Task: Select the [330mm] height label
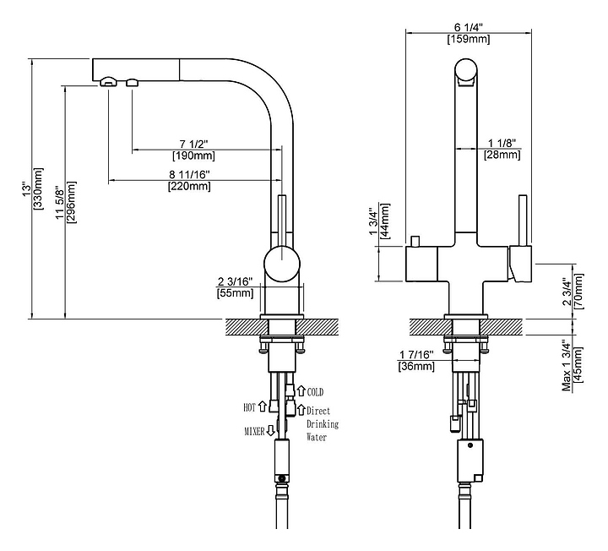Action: (x=39, y=194)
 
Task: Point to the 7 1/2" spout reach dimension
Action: (x=193, y=143)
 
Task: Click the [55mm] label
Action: (x=235, y=293)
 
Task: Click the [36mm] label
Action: (x=416, y=366)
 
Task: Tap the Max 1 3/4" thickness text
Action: (x=565, y=364)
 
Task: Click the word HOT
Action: (x=250, y=407)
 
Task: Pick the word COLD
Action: (x=315, y=392)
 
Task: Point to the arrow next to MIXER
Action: (x=271, y=431)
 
